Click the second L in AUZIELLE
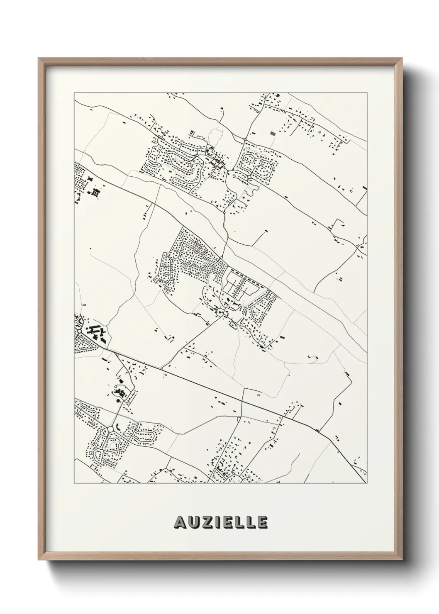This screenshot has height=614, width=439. (x=250, y=522)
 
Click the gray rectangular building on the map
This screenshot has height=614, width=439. (x=272, y=133)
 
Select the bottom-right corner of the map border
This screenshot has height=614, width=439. (x=367, y=483)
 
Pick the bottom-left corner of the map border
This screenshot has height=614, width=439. (x=74, y=483)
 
